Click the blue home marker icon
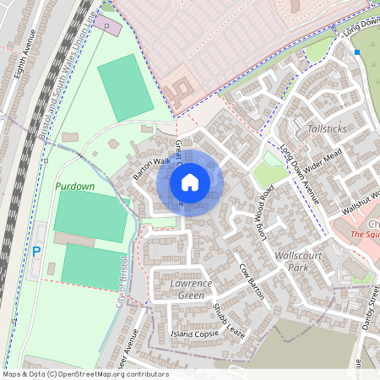tap(190, 182)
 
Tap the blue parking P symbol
tap(36, 251)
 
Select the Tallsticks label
tap(327, 128)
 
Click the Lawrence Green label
tap(191, 289)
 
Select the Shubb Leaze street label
tap(229, 321)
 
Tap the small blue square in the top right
tap(357, 52)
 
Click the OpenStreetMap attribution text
tap(84, 374)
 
